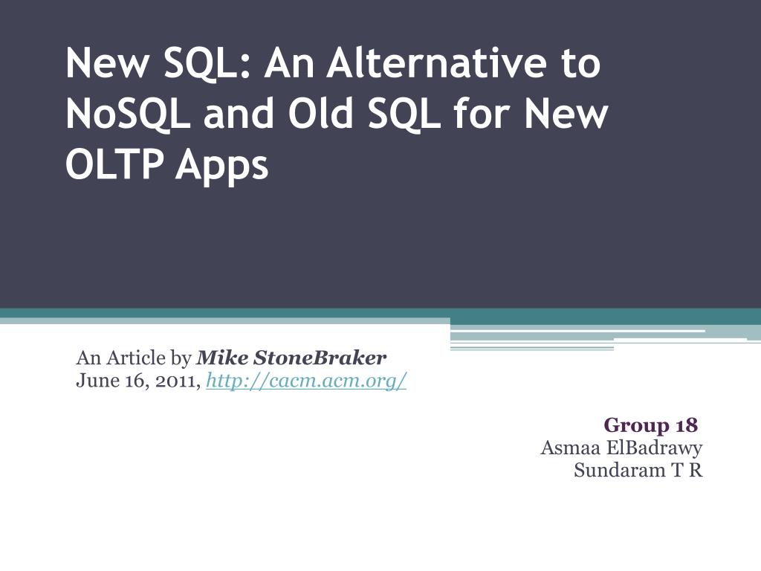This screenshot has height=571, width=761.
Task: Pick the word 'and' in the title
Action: pyautogui.click(x=239, y=113)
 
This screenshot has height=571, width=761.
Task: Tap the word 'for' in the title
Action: pyautogui.click(x=482, y=113)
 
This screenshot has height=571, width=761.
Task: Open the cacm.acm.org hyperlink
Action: pyautogui.click(x=306, y=381)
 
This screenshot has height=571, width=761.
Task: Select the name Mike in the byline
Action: pyautogui.click(x=222, y=358)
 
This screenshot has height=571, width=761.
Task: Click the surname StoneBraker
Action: pyautogui.click(x=320, y=358)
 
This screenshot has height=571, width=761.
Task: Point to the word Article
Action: pyautogui.click(x=136, y=358)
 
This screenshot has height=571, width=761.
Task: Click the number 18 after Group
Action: pyautogui.click(x=686, y=425)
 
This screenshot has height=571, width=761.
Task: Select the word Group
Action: pyautogui.click(x=637, y=426)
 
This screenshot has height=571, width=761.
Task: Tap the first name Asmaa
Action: pyautogui.click(x=571, y=448)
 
